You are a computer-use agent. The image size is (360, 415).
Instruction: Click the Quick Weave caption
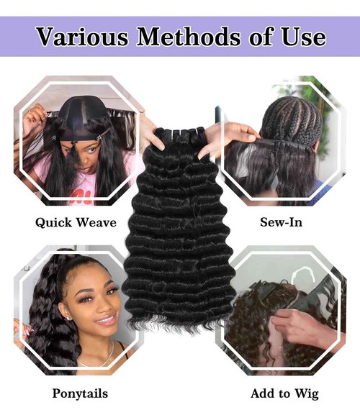point(76,222)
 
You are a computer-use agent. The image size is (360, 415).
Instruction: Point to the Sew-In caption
point(281,222)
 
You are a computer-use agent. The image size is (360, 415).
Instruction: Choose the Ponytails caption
point(80,393)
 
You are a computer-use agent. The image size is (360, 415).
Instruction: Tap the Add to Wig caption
point(284,393)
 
